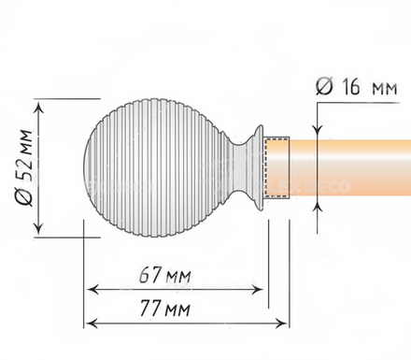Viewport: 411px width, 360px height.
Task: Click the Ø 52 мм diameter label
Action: click(x=23, y=167)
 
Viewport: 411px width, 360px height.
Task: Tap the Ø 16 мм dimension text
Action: click(x=357, y=86)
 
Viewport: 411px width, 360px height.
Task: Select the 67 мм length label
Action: click(x=164, y=275)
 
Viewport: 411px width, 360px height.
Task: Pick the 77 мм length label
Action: click(x=164, y=308)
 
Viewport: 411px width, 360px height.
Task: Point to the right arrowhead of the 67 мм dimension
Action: click(x=257, y=290)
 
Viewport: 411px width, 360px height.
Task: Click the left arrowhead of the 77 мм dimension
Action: click(x=92, y=324)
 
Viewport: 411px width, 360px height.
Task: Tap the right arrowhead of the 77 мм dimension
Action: click(x=281, y=324)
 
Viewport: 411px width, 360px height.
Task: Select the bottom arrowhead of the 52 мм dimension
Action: click(x=38, y=226)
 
